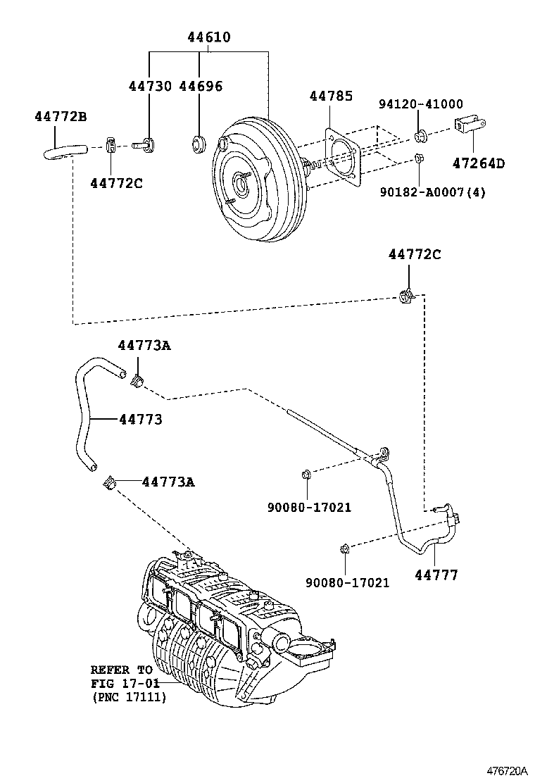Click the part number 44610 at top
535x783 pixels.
[209, 37]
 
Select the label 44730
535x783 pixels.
[150, 86]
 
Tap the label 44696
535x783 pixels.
[201, 86]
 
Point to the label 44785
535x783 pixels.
[331, 96]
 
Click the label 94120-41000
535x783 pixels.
[421, 104]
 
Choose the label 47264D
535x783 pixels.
[478, 163]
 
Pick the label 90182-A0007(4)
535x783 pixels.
[432, 192]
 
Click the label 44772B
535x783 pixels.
[61, 116]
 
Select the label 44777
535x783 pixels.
[436, 575]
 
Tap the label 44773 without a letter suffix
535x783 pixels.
[141, 420]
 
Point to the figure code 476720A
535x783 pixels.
[507, 771]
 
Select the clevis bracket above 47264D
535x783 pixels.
[470, 125]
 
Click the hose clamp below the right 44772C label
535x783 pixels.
[406, 296]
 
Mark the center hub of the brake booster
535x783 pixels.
[241, 184]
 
